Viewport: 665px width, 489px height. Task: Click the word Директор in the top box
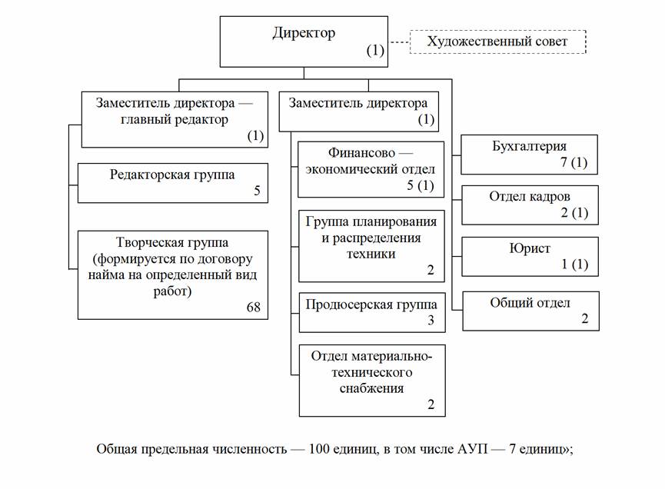point(304,33)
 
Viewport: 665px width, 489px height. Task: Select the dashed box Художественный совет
point(497,42)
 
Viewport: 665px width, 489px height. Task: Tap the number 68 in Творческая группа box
point(253,308)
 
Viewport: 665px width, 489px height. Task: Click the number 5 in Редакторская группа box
point(257,191)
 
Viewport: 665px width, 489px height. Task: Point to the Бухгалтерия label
point(529,146)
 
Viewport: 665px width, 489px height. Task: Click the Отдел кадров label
point(530,196)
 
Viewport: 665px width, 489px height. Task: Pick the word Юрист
point(530,248)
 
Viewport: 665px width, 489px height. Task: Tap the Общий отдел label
point(530,302)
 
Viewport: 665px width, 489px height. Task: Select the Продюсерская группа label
point(372,304)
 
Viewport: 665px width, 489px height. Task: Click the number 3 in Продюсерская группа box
point(431,321)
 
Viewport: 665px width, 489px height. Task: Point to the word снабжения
point(372,388)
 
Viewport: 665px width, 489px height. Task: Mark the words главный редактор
point(173,119)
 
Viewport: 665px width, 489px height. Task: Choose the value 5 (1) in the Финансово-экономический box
point(420,185)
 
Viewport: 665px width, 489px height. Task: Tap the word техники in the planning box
point(372,253)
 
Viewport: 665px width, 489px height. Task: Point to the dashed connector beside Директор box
point(397,42)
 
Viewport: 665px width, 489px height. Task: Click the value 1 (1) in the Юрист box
point(574,264)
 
